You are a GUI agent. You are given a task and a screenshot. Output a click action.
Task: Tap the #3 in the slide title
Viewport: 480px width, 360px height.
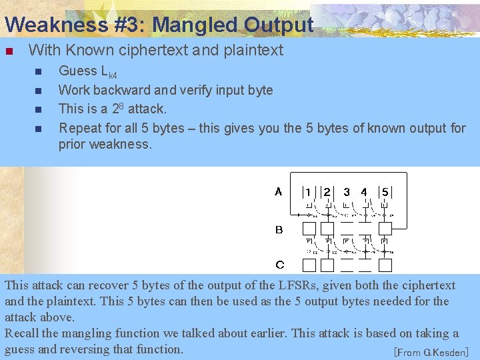coord(125,25)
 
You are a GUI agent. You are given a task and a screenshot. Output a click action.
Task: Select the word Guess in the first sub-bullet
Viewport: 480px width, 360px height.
coord(78,71)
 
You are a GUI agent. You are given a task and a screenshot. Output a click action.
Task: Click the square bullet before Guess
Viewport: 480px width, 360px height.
coord(38,72)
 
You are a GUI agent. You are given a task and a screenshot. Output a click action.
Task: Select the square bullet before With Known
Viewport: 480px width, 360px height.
coord(9,51)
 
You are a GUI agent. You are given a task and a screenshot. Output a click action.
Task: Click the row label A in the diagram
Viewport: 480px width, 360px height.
coord(279,192)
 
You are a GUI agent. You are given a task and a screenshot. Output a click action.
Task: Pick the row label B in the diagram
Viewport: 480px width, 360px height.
coord(279,230)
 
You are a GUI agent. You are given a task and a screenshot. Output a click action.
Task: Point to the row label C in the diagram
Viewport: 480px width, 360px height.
coord(279,265)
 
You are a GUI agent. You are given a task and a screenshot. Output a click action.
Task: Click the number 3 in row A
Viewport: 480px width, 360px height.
coord(347,192)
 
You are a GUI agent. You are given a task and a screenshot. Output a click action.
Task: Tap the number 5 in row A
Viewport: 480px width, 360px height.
coord(385,192)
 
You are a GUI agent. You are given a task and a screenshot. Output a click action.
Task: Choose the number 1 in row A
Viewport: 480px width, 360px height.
coord(307,192)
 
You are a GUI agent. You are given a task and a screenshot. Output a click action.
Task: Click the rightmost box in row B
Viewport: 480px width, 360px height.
coord(385,229)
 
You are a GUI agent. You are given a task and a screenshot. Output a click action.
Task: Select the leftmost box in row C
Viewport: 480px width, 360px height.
coord(309,265)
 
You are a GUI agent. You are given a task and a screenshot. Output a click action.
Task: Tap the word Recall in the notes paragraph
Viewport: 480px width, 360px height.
coord(25,333)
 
